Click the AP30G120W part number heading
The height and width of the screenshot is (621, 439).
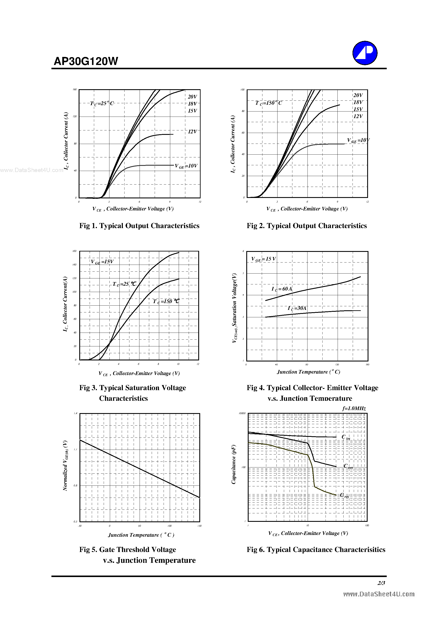pyautogui.click(x=86, y=61)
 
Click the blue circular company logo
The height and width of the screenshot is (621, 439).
pyautogui.click(x=365, y=53)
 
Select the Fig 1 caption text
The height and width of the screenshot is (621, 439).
pyautogui.click(x=139, y=226)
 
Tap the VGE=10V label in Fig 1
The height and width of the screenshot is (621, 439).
pyautogui.click(x=186, y=166)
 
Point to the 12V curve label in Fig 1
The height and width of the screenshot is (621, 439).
pyautogui.click(x=193, y=132)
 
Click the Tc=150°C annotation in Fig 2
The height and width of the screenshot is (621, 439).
pyautogui.click(x=269, y=103)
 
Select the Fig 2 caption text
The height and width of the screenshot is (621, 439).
pyautogui.click(x=306, y=226)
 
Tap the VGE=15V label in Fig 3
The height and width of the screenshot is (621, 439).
pyautogui.click(x=102, y=262)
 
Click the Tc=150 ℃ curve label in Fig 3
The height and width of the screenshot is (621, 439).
pyautogui.click(x=166, y=301)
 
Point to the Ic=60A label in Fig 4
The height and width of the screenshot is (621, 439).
pyautogui.click(x=282, y=289)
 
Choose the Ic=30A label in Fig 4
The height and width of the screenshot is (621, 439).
pyautogui.click(x=297, y=308)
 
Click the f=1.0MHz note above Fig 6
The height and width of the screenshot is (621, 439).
pyautogui.click(x=354, y=409)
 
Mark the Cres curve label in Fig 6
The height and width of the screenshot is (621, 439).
pyautogui.click(x=344, y=495)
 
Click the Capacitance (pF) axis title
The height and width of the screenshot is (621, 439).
pyautogui.click(x=234, y=465)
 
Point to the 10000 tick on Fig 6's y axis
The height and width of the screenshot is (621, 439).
pyautogui.click(x=242, y=413)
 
